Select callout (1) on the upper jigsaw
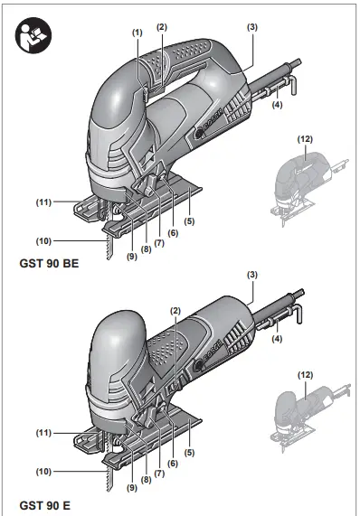coord(137,33)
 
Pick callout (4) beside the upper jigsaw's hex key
coord(277,106)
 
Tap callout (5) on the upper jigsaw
coord(189,220)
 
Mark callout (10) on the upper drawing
coord(42,240)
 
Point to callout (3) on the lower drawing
coord(252,274)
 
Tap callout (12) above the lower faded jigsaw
coord(307,374)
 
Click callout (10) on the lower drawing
coord(42,471)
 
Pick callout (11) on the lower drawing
coord(42,435)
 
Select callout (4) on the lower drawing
coord(277,339)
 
